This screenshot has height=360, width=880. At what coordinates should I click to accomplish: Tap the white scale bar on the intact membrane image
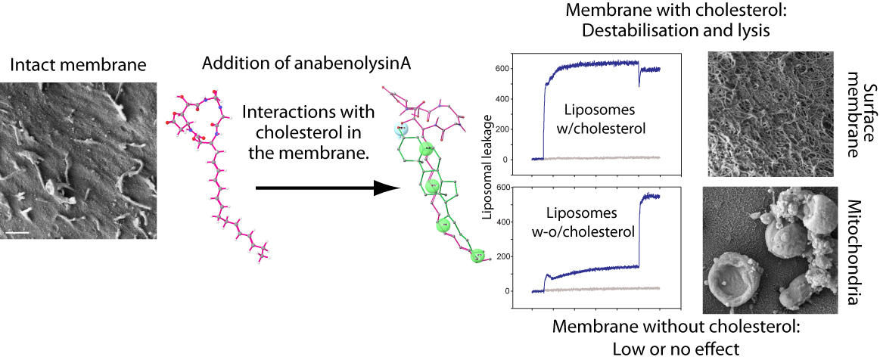tap(21, 232)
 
